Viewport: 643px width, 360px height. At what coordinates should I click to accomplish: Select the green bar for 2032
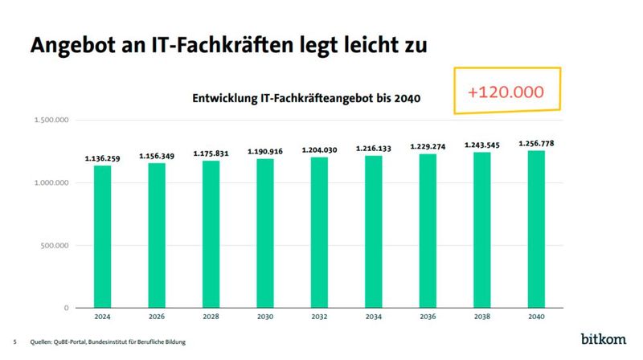(x=319, y=232)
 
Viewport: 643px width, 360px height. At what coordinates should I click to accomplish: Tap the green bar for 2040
(x=536, y=229)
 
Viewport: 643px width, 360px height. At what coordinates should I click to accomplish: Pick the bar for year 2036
(x=428, y=231)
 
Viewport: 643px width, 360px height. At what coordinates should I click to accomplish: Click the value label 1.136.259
(x=102, y=159)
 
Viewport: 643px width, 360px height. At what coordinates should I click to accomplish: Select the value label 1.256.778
(x=536, y=144)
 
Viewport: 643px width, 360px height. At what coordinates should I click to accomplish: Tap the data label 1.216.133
(x=374, y=149)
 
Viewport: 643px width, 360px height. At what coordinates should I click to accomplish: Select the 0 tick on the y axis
(x=66, y=308)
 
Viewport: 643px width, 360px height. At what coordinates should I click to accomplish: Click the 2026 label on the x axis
(x=157, y=317)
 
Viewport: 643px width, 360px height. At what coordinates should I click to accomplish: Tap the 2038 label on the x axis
(x=482, y=317)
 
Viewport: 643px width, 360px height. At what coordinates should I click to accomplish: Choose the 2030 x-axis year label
(x=265, y=317)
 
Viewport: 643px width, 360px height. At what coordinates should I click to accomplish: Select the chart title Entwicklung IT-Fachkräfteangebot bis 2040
(x=307, y=99)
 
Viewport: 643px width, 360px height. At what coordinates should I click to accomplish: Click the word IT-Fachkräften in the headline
(x=212, y=45)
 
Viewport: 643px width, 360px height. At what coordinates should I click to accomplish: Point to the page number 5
(x=14, y=342)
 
